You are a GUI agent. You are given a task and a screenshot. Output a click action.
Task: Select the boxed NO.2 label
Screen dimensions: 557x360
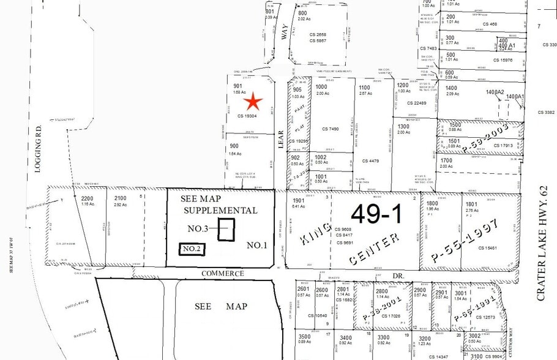click(192, 249)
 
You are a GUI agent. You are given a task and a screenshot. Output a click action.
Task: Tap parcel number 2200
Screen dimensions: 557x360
click(88, 198)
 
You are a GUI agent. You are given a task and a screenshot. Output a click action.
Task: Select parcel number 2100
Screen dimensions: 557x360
click(120, 198)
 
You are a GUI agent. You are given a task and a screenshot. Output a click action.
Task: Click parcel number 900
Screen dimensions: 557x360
click(234, 146)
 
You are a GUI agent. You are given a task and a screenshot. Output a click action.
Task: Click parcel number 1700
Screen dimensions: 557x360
click(447, 160)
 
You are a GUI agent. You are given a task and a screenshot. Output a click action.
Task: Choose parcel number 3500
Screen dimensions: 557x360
click(304, 337)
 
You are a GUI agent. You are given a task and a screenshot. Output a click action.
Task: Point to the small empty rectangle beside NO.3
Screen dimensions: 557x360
click(227, 229)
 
